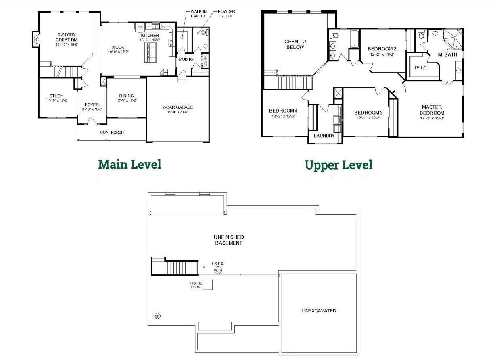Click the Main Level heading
coord(130,164)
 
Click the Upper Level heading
coord(338,165)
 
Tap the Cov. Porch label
coord(112,132)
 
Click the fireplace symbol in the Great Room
coord(36,39)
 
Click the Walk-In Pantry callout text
coord(198,14)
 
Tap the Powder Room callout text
coord(226,14)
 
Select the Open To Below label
coord(295,44)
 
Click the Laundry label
coord(324,136)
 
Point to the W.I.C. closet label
coord(421,68)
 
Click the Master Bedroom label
coord(432,110)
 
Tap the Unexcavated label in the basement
coord(319,311)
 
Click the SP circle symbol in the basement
coord(157,316)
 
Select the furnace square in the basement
coord(207,285)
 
